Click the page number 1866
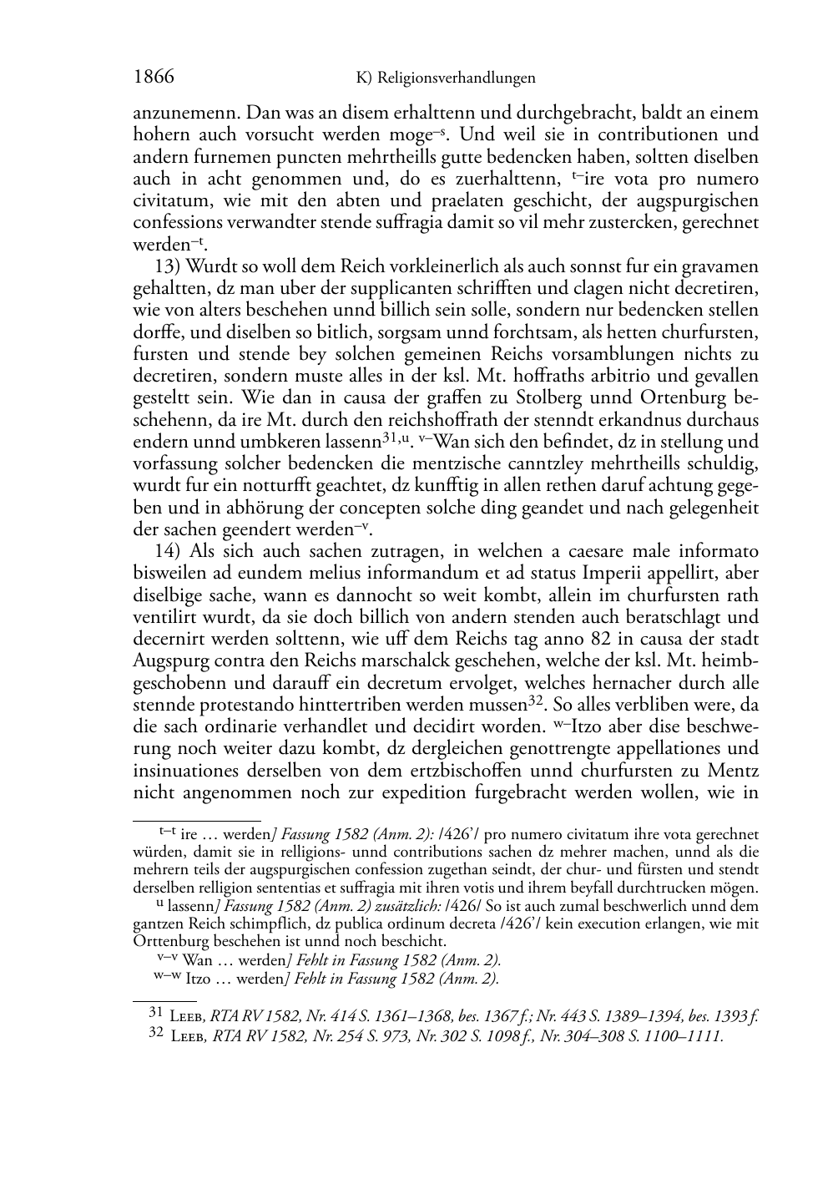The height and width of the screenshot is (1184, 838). pyautogui.click(x=154, y=78)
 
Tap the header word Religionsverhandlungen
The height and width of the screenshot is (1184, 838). pyautogui.click(x=456, y=78)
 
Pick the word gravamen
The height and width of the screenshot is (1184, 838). pyautogui.click(x=719, y=266)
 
